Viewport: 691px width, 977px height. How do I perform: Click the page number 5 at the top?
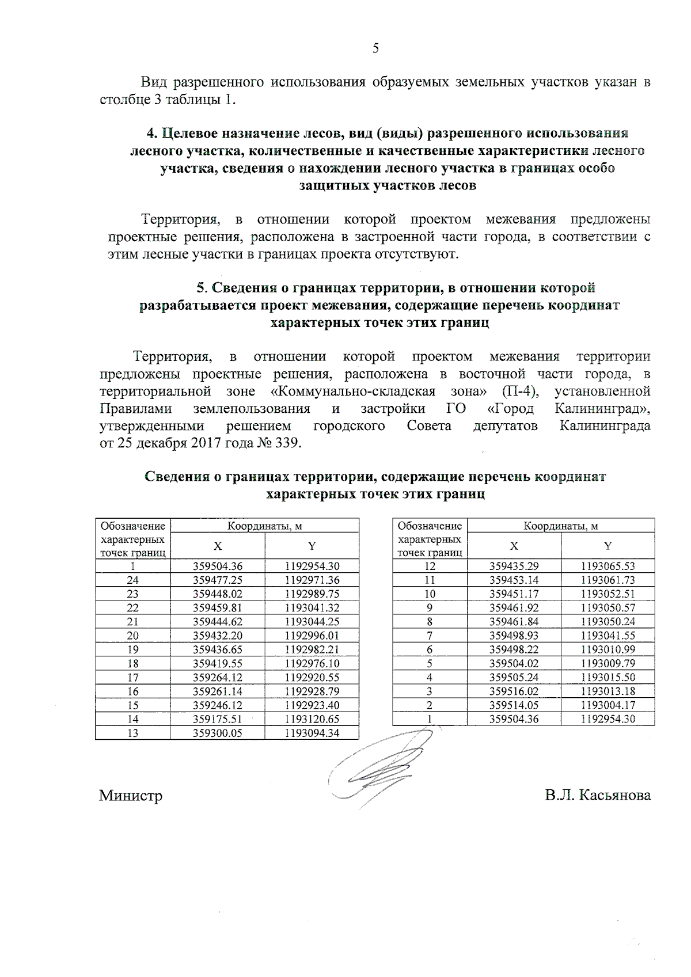pos(375,48)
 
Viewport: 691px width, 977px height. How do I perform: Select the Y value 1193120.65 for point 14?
pos(312,719)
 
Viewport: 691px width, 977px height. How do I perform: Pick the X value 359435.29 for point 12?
pos(514,566)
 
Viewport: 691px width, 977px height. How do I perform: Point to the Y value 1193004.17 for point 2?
pos(608,705)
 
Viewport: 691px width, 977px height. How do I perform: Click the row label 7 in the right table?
pos(430,636)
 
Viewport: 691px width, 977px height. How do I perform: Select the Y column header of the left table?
pos(312,546)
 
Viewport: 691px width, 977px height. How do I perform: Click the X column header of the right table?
pos(514,546)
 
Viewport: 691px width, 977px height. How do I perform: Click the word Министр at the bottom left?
pos(131,796)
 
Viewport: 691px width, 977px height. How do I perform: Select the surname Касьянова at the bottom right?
pos(615,796)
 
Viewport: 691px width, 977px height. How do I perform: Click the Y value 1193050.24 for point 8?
pos(608,622)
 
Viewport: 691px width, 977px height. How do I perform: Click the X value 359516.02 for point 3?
pos(514,691)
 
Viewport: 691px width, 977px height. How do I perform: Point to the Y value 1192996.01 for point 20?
pos(312,636)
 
